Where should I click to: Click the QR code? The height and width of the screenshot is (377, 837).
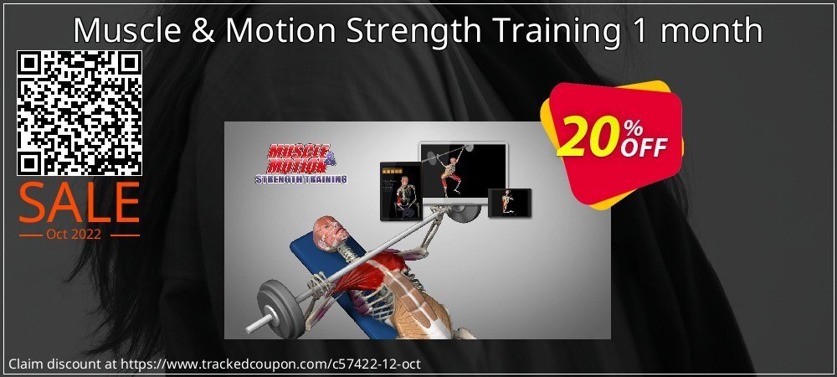[80, 112]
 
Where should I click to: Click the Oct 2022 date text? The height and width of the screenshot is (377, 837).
[80, 234]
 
